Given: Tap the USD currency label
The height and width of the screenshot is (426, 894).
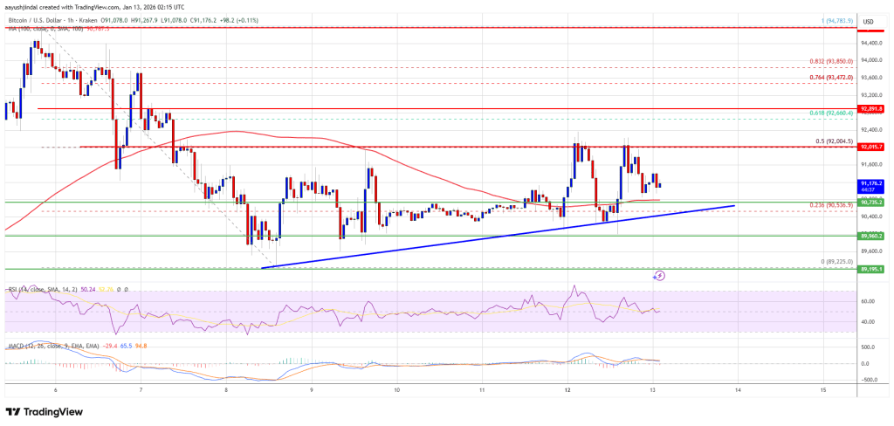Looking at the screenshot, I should tap(869, 21).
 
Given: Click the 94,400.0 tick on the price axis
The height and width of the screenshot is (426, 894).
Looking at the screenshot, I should tap(870, 42).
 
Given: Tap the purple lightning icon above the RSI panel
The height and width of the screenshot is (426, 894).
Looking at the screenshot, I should tap(659, 276).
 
